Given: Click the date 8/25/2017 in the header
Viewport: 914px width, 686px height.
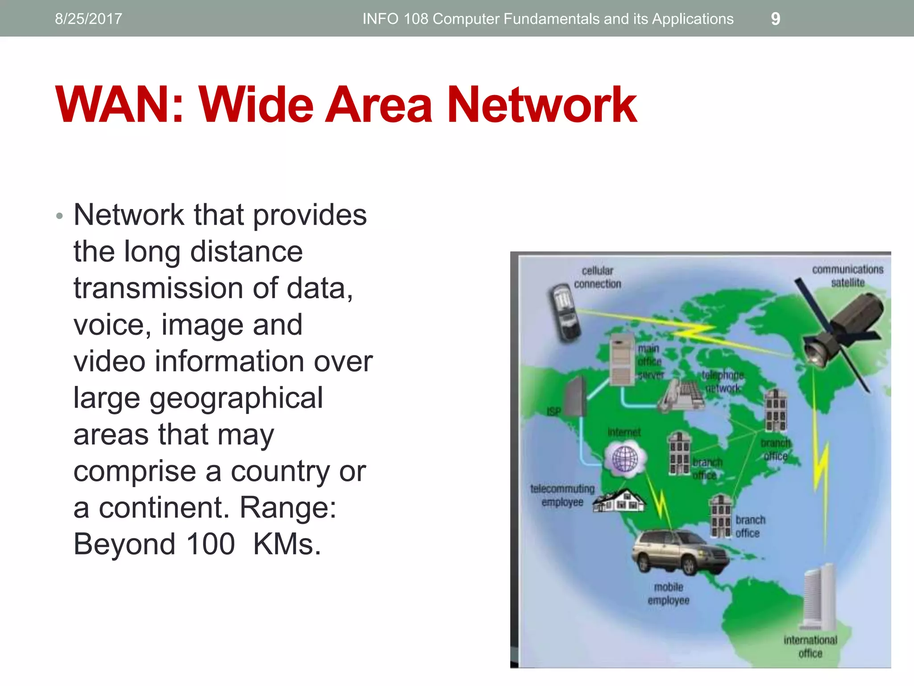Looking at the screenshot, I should [x=88, y=19].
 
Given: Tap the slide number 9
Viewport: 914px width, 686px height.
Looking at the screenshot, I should [x=776, y=19].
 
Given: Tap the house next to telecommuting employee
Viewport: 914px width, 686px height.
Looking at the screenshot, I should [x=620, y=501].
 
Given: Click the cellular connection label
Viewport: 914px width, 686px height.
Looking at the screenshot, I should [x=597, y=277].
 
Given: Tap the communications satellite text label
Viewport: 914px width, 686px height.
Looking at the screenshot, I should [x=848, y=276].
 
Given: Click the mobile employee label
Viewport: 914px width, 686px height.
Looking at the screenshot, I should [x=669, y=594].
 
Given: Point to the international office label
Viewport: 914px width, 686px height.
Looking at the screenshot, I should [x=810, y=646].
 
